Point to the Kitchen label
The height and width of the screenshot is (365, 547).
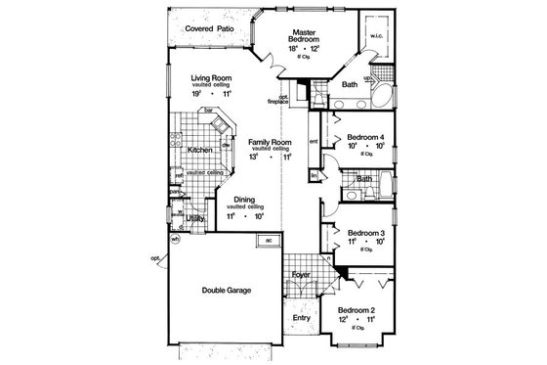[x=201, y=150]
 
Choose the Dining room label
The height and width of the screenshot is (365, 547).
[x=243, y=200]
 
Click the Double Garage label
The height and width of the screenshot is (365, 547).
[x=225, y=290]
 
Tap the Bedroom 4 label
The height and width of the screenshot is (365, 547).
[x=356, y=137]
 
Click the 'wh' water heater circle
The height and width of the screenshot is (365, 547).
[x=176, y=241]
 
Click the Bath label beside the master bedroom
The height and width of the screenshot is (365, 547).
[x=349, y=85]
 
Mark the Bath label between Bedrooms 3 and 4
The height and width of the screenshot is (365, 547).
[x=365, y=180]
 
